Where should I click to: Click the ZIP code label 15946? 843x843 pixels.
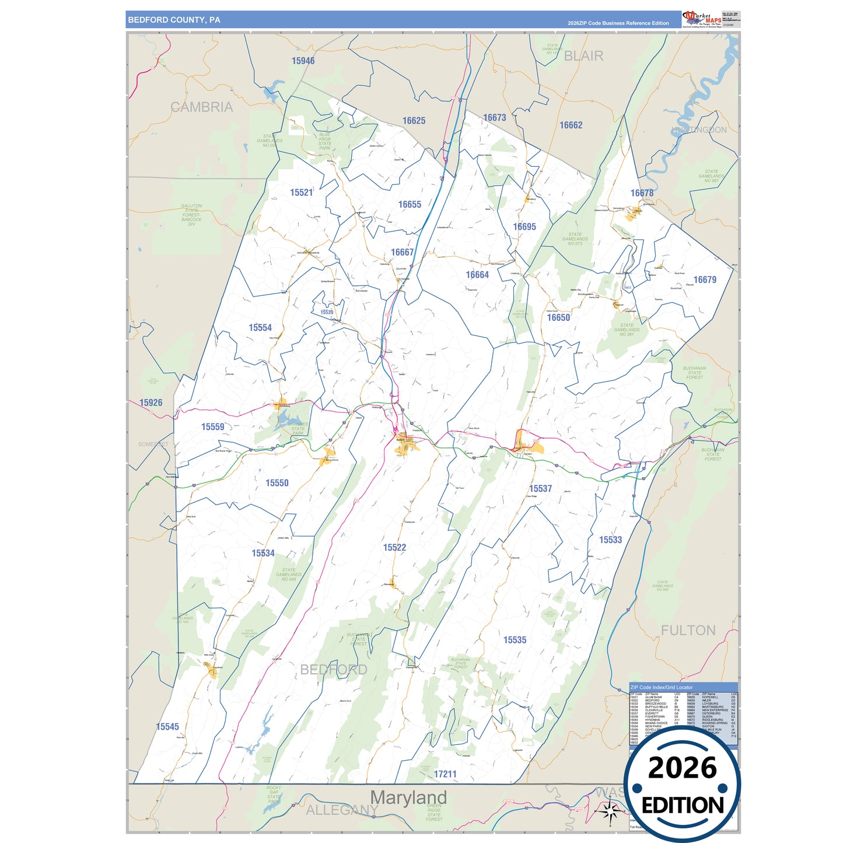point(303,61)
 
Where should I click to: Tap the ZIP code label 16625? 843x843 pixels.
point(414,121)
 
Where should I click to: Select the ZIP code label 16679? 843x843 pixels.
point(705,280)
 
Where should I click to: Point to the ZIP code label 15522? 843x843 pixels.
point(394,547)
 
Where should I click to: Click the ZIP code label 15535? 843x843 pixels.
point(515,640)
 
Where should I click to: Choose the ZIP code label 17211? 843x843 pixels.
point(445,774)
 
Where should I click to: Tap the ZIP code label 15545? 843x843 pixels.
point(167,726)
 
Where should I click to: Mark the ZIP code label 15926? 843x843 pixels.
point(151,403)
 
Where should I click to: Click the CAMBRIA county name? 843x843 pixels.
point(201,107)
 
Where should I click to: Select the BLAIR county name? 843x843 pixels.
point(583,56)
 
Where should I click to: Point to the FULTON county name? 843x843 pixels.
point(688,631)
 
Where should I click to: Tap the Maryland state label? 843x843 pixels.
point(408,797)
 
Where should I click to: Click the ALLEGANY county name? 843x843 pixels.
point(342,810)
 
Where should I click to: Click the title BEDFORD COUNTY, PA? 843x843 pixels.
point(174,20)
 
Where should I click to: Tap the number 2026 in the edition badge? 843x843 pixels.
point(682,768)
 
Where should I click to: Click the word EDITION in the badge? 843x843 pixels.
point(683,806)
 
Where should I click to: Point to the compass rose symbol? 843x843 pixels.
point(610,810)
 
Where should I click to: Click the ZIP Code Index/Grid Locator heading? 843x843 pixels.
point(661,687)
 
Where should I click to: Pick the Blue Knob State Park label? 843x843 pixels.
point(324,141)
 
